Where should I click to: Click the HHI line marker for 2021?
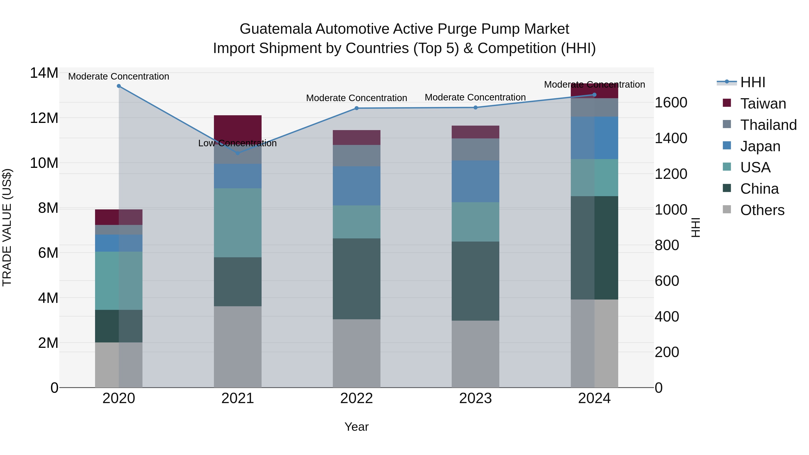click(x=238, y=153)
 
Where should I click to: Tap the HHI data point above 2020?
click(x=119, y=86)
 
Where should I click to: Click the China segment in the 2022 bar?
click(x=356, y=279)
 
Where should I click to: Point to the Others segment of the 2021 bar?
click(x=238, y=347)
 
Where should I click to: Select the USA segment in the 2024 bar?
click(x=594, y=178)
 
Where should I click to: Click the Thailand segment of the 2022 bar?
click(x=356, y=155)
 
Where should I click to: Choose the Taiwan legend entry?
click(x=763, y=104)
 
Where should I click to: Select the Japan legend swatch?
click(x=727, y=146)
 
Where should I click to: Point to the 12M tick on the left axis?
click(x=44, y=118)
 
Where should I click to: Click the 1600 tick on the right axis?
click(x=671, y=103)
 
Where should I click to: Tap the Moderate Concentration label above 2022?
click(x=356, y=98)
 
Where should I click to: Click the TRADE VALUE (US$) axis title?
click(x=7, y=227)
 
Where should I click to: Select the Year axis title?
click(x=356, y=427)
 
